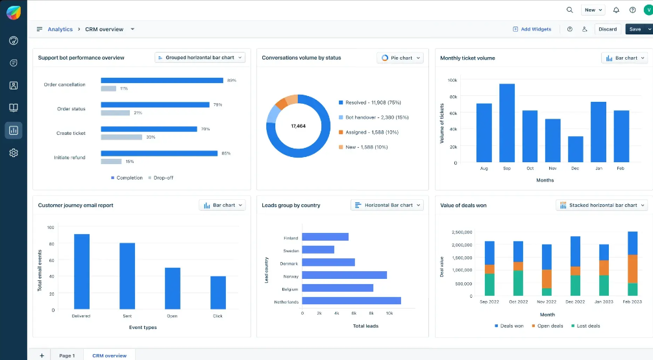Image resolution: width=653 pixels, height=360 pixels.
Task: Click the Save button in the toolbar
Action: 635,29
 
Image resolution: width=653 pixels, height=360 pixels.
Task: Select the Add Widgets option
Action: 532,29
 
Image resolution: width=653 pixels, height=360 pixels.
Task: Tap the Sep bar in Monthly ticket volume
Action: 507,123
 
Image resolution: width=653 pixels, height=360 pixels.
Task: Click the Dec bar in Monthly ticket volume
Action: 575,149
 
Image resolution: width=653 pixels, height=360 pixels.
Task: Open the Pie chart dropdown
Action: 400,58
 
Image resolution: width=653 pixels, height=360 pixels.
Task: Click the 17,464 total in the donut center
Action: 298,126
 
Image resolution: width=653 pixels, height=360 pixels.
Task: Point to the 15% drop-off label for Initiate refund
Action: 129,162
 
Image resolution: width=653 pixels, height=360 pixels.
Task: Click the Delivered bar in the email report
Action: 82,271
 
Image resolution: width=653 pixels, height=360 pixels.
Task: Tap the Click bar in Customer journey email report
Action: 218,292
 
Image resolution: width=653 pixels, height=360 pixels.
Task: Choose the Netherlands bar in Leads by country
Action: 351,301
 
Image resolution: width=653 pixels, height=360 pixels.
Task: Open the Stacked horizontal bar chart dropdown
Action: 602,205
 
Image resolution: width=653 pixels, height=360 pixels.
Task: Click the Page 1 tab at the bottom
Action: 67,355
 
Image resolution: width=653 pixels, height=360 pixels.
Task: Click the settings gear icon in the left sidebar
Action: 14,153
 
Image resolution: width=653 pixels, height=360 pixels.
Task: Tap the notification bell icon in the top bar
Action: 616,10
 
